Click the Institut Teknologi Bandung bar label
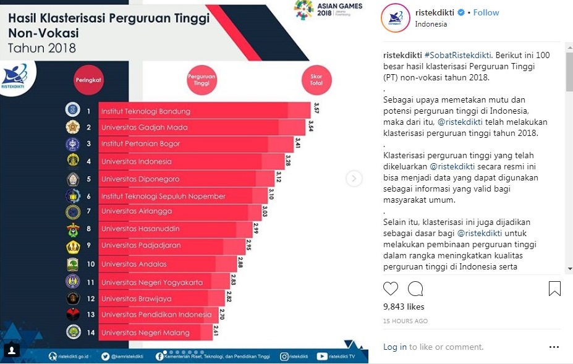pyautogui.click(x=145, y=111)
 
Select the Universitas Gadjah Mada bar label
pyautogui.click(x=145, y=127)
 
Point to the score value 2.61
pyautogui.click(x=215, y=329)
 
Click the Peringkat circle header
pyautogui.click(x=88, y=80)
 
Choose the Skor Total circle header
pyautogui.click(x=316, y=80)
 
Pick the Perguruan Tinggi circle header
pyautogui.click(x=202, y=80)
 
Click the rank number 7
pyautogui.click(x=88, y=211)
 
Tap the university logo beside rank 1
pyautogui.click(x=72, y=111)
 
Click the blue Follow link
pyautogui.click(x=486, y=12)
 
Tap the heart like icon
pyautogui.click(x=391, y=289)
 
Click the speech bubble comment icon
pyautogui.click(x=415, y=289)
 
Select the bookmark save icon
pyautogui.click(x=554, y=289)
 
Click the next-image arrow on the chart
pyautogui.click(x=354, y=179)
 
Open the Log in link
pyautogui.click(x=394, y=347)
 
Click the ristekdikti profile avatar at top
pyautogui.click(x=396, y=18)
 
